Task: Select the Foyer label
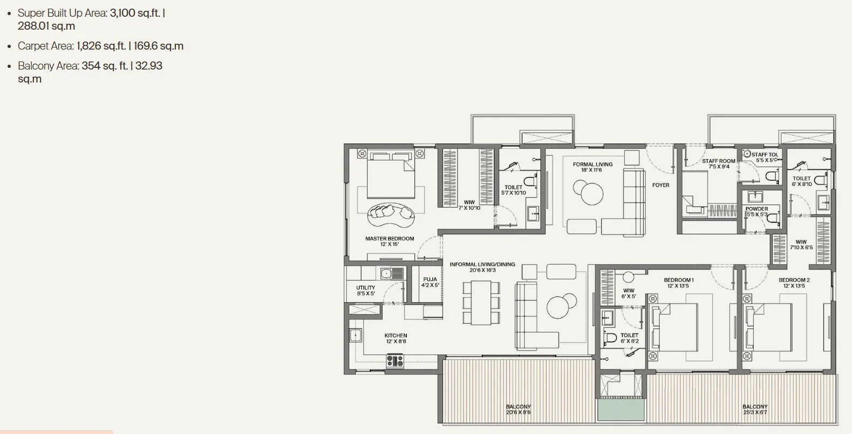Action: (660, 185)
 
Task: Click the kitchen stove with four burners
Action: (394, 361)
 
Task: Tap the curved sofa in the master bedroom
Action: (391, 215)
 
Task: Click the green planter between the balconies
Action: (621, 410)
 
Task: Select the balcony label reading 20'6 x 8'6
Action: (518, 409)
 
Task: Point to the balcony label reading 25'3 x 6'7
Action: (754, 409)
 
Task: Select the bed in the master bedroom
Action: (391, 175)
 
